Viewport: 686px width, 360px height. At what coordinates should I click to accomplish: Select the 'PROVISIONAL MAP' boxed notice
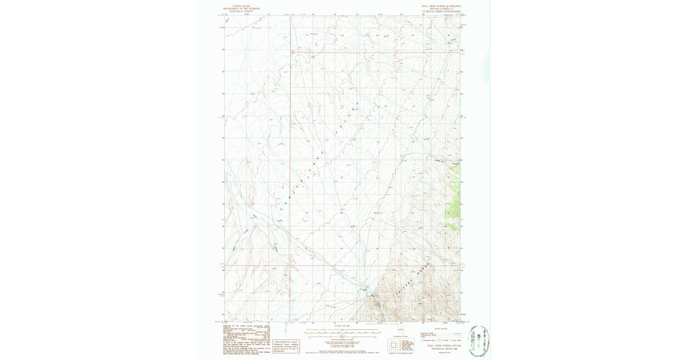(x=287, y=342)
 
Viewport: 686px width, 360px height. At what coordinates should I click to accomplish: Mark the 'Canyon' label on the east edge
(x=456, y=165)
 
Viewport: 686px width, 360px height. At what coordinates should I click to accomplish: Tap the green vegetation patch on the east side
(x=455, y=206)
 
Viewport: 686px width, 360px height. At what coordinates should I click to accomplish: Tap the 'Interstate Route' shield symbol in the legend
(x=422, y=341)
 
